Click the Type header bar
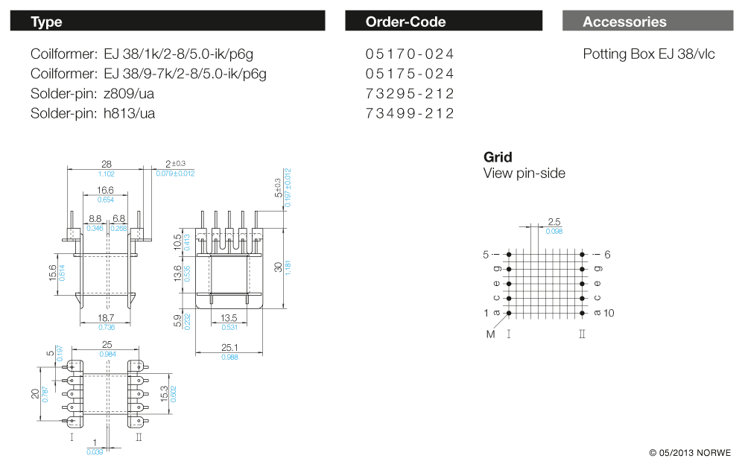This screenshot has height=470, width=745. [x=167, y=22]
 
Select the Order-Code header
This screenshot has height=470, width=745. [x=443, y=22]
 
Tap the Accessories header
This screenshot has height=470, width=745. [x=647, y=22]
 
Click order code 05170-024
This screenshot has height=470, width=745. [x=410, y=54]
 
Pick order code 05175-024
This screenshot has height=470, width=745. [x=410, y=74]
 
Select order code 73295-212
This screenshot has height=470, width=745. [x=410, y=94]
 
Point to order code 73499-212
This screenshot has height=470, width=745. [x=410, y=113]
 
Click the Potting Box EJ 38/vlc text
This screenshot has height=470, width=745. [x=648, y=54]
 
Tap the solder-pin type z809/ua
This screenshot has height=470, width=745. [x=130, y=94]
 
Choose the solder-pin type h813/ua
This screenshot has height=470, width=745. [x=130, y=113]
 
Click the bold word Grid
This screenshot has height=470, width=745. [x=498, y=157]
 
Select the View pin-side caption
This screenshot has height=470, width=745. [x=524, y=174]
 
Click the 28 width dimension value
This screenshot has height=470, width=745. [x=106, y=164]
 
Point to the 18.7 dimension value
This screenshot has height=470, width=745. [x=105, y=317]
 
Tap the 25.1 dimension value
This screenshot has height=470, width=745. [x=229, y=347]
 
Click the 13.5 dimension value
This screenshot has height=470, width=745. [x=229, y=317]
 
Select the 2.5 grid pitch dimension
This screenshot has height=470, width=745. [x=554, y=222]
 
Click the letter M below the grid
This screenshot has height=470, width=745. [x=490, y=334]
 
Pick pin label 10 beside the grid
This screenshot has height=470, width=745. [x=609, y=313]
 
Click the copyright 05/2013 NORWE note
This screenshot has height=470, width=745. [x=690, y=453]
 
